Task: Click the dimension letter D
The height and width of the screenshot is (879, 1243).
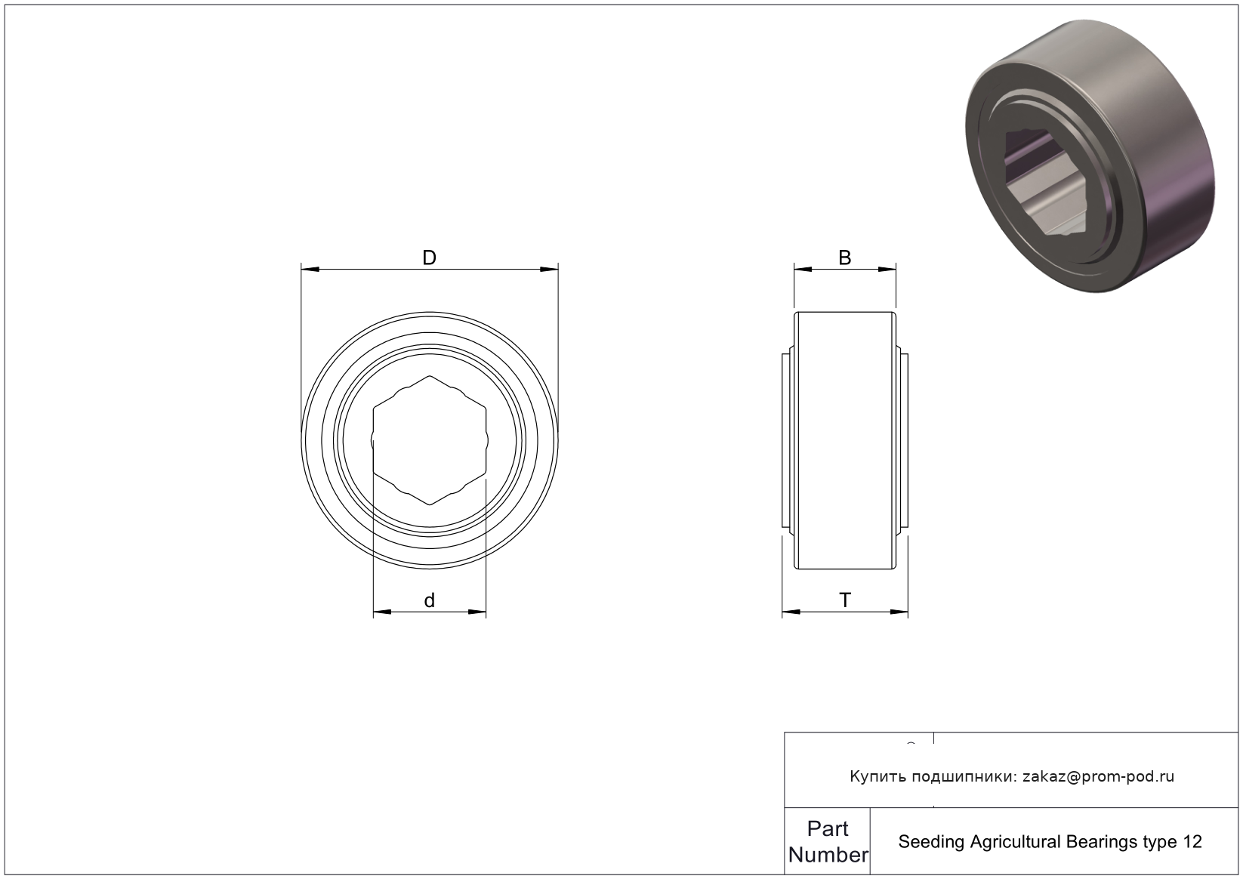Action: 429,258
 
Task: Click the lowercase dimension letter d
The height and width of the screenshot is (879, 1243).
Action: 429,600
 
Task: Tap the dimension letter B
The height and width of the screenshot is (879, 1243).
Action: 844,258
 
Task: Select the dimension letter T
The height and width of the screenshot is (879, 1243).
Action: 844,600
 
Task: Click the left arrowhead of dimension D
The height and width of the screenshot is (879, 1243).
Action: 310,270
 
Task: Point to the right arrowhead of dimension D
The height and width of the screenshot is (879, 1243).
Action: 549,270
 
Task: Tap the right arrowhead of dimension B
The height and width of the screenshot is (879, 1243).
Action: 887,270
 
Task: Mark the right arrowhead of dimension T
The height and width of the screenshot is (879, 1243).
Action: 899,612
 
